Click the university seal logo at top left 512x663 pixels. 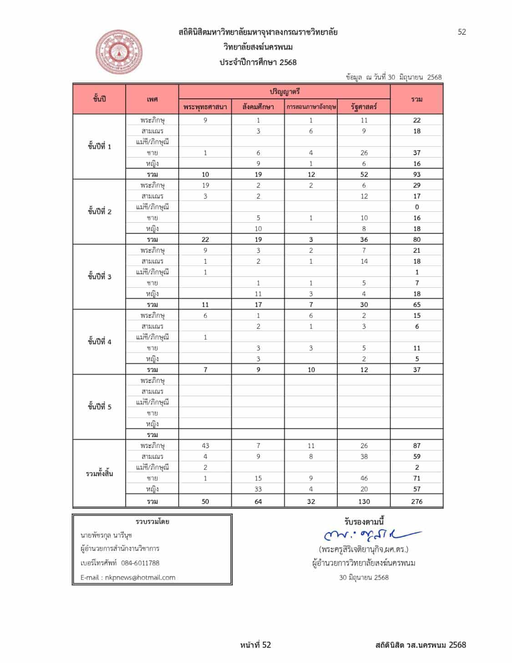pos(119,52)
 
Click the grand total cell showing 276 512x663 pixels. pos(416,501)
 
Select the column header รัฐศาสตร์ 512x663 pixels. pos(364,107)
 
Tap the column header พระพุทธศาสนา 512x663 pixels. pos(205,107)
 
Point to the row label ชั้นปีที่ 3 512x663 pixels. pos(99,277)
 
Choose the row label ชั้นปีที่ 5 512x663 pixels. pos(99,407)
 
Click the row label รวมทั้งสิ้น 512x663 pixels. pos(99,474)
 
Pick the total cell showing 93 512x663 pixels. pos(416,174)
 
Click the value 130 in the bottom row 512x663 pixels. pos(364,501)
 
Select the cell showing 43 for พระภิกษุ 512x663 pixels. pos(205,446)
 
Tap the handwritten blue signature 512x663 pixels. pos(371,535)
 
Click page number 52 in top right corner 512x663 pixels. pos(461,32)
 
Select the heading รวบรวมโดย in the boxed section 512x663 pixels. pos(152,522)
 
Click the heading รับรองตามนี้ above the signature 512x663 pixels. pos(364,522)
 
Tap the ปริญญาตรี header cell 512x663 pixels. pos(284,92)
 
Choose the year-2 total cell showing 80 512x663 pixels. pos(416,240)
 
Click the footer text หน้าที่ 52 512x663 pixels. pos(255,645)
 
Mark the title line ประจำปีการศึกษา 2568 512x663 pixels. pos(258,62)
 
